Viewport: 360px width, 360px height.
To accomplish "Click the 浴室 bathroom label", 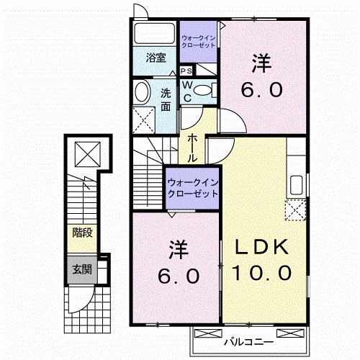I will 155,58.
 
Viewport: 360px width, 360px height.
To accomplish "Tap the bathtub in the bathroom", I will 154,33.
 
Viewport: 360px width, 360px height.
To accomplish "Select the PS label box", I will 186,71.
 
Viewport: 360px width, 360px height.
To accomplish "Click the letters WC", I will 186,90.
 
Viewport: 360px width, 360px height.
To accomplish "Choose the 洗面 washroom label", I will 166,99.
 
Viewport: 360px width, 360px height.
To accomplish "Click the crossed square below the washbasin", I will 144,117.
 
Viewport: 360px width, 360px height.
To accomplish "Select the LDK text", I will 263,247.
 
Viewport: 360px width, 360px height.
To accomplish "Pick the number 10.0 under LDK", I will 262,274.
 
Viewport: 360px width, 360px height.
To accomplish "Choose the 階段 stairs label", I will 81,233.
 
